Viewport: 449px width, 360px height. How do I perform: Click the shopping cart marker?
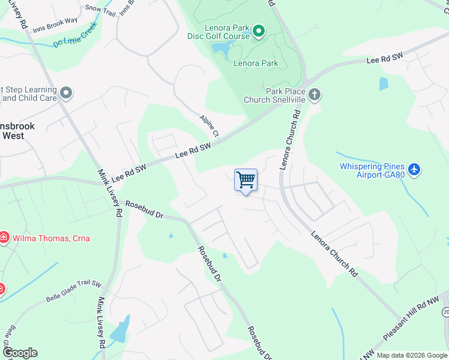pyautogui.click(x=246, y=181)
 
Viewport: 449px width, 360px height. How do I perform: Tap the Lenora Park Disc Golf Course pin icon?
pyautogui.click(x=259, y=31)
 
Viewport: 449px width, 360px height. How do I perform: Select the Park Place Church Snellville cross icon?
pyautogui.click(x=315, y=94)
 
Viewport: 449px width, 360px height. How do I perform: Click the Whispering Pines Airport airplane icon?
pyautogui.click(x=414, y=170)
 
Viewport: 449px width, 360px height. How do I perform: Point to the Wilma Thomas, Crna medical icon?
pyautogui.click(x=4, y=238)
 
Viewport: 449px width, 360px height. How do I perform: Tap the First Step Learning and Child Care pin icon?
pyautogui.click(x=66, y=93)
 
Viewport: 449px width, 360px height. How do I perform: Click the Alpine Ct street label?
pyautogui.click(x=211, y=125)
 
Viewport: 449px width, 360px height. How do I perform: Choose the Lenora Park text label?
pyautogui.click(x=256, y=63)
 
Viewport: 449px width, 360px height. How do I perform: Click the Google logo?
pyautogui.click(x=20, y=353)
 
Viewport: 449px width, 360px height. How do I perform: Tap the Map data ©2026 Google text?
pyautogui.click(x=412, y=355)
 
